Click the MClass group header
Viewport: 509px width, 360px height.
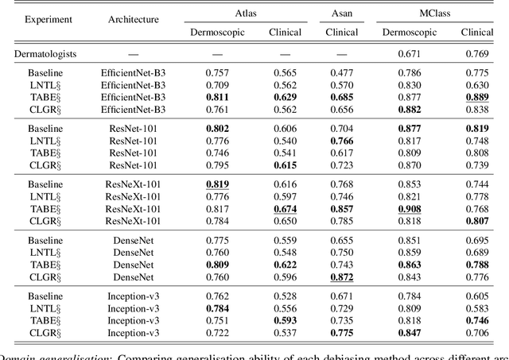coord(441,12)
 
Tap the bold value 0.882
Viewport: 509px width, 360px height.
coord(412,110)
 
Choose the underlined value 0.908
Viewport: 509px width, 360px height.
coord(412,209)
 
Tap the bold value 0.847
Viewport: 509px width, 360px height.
coord(412,331)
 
